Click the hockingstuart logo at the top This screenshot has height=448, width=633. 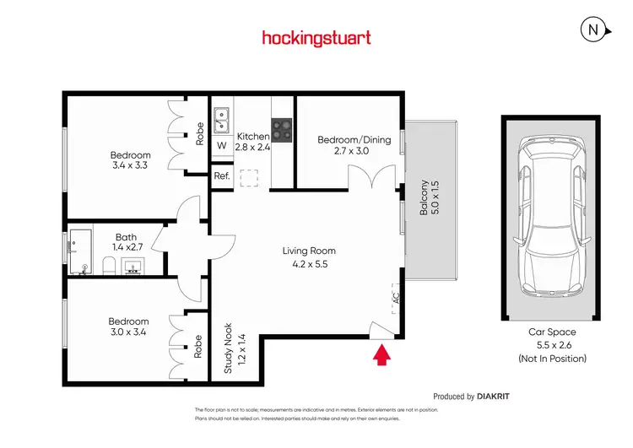[x=316, y=38]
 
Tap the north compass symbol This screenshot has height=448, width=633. [x=594, y=30]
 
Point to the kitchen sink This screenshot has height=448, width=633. [x=222, y=120]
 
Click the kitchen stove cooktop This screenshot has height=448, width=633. [x=282, y=130]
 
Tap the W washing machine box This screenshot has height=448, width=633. [x=221, y=146]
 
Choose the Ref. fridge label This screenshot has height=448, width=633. [x=221, y=176]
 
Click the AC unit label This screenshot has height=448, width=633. [x=395, y=298]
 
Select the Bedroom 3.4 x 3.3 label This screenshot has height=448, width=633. [x=131, y=160]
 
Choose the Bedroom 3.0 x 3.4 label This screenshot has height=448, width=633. [x=128, y=327]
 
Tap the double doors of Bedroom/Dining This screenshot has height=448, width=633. [x=368, y=180]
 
